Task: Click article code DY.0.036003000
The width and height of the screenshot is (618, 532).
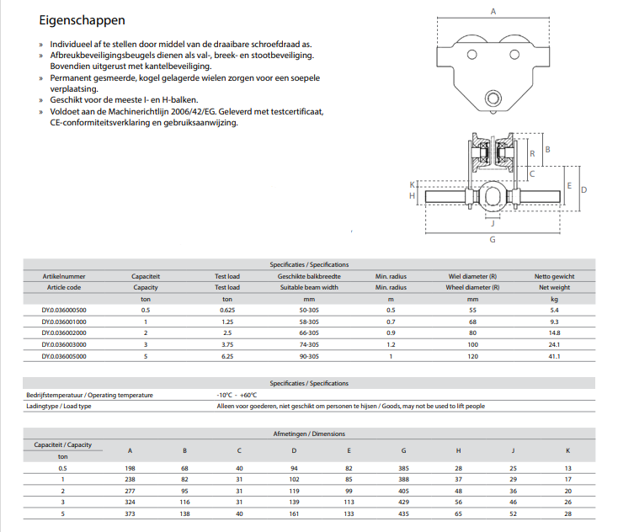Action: click(x=64, y=344)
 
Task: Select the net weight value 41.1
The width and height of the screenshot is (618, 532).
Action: click(x=555, y=356)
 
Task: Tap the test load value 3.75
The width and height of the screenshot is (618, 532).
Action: click(x=226, y=344)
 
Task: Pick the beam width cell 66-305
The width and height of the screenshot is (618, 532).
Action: click(x=308, y=332)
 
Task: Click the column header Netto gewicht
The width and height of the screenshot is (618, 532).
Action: click(x=555, y=276)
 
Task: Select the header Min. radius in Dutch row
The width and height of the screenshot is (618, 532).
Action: click(x=390, y=276)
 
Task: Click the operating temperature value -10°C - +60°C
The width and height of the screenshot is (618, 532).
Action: click(x=237, y=395)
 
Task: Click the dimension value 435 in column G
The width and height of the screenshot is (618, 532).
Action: click(x=405, y=513)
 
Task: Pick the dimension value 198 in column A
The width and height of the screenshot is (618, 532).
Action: click(x=130, y=467)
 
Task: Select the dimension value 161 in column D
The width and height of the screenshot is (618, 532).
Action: click(x=294, y=513)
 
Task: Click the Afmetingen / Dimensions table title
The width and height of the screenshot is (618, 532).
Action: click(x=308, y=434)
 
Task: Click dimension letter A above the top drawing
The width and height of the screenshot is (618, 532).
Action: click(x=493, y=11)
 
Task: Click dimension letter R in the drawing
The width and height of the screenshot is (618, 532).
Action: click(x=531, y=152)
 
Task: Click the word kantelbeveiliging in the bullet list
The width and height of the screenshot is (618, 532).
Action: click(x=176, y=66)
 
